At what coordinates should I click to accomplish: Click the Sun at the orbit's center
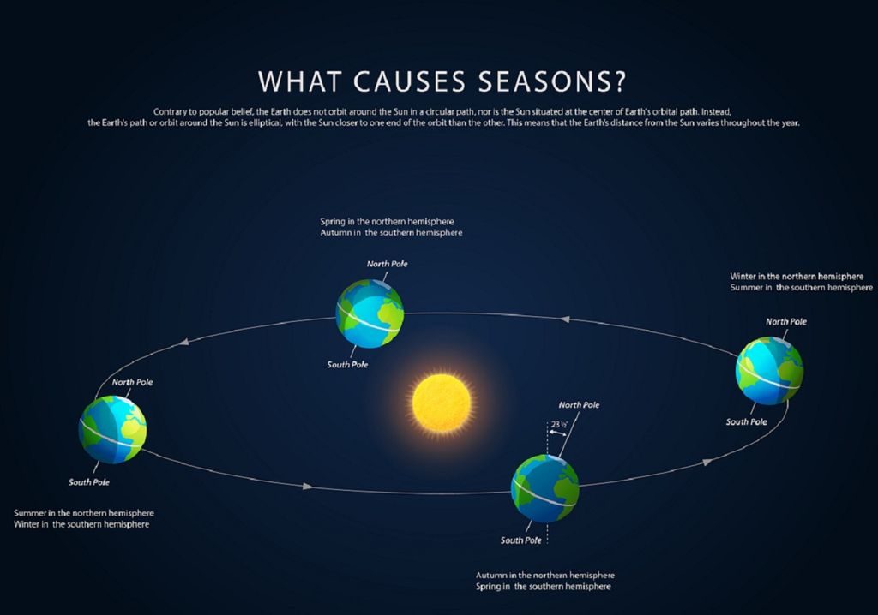coord(442,403)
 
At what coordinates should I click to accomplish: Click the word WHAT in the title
coord(299,81)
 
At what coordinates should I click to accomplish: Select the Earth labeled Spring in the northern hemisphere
coord(370,314)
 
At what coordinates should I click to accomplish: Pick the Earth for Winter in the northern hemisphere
coord(769,370)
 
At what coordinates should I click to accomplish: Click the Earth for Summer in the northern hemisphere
coord(112,430)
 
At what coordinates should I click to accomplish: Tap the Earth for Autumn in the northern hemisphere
coord(545,488)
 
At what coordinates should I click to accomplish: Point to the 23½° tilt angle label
coord(559,424)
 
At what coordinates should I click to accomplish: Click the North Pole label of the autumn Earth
coord(579,404)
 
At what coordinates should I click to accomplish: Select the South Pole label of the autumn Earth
coord(520,540)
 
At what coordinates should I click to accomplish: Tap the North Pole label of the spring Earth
coord(387,264)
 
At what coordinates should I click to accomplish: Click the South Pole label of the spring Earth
coord(347,364)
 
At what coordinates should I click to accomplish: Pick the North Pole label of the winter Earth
coord(786,322)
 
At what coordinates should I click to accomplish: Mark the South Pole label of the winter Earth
coord(747,422)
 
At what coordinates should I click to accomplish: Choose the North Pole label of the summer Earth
coord(132,382)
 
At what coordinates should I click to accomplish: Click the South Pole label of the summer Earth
coord(89,482)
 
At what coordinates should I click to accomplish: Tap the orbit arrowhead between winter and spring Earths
coord(565,319)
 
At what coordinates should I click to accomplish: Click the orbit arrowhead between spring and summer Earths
coord(184,342)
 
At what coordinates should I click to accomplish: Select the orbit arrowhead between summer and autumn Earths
coord(308,487)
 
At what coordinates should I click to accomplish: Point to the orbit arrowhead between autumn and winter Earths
coord(707,462)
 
